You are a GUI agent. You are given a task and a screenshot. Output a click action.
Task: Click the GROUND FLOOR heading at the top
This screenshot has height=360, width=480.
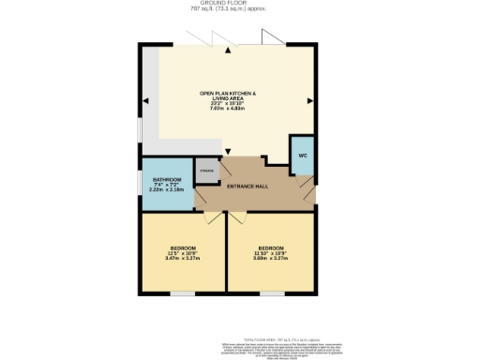[x=228, y=5]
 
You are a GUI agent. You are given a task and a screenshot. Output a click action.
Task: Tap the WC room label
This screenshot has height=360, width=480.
[x=303, y=155]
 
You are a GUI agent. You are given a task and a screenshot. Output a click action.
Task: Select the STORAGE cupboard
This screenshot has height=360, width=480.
[x=206, y=171]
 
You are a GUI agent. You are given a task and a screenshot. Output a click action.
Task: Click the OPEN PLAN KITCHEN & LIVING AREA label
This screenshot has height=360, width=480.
[x=227, y=94]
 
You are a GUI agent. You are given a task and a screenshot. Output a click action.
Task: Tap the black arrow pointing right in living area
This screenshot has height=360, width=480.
[x=311, y=99]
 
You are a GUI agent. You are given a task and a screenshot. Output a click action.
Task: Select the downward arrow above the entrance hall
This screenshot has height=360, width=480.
[x=227, y=152]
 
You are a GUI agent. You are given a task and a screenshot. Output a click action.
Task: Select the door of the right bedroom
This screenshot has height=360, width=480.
[x=236, y=217]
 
